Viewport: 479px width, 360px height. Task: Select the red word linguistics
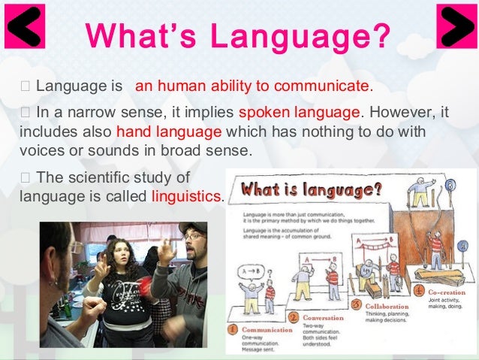186,198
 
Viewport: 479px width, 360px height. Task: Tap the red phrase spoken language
299,112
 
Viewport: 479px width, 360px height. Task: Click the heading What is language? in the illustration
312,189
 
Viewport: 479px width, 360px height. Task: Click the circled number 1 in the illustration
235,328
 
